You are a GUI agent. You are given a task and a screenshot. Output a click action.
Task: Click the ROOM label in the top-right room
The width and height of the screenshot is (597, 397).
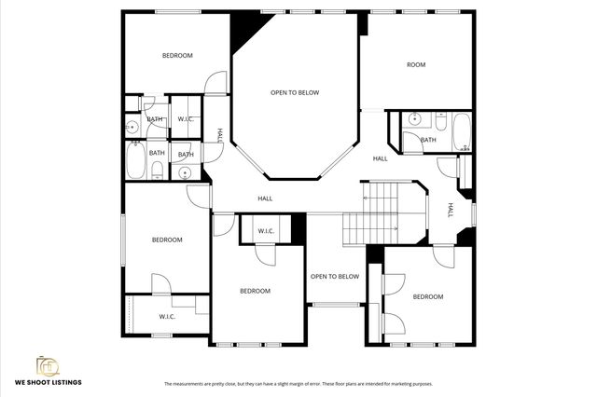pyautogui.click(x=416, y=64)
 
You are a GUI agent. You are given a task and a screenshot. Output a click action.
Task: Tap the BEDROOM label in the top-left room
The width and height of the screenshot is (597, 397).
pyautogui.click(x=177, y=56)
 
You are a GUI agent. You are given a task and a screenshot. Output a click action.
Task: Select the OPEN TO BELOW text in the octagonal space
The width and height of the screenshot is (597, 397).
pyautogui.click(x=295, y=92)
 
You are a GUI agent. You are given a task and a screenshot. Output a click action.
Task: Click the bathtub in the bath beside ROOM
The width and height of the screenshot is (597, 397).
pyautogui.click(x=462, y=132)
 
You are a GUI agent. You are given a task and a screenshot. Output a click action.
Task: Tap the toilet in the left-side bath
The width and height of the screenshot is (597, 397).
pyautogui.click(x=158, y=170)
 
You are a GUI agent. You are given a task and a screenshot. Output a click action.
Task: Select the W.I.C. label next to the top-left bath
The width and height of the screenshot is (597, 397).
pyautogui.click(x=185, y=118)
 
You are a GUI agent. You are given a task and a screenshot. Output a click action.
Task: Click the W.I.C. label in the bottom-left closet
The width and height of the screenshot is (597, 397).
pyautogui.click(x=167, y=317)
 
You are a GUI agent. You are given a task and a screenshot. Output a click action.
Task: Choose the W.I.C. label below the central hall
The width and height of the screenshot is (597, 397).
pyautogui.click(x=265, y=231)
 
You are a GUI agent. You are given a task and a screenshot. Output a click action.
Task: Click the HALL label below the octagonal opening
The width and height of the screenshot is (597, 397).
pyautogui.click(x=266, y=198)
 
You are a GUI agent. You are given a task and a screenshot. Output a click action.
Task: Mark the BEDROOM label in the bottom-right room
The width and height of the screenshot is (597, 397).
pyautogui.click(x=428, y=296)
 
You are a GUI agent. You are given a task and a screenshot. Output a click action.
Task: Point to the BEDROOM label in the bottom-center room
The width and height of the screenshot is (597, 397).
pyautogui.click(x=255, y=291)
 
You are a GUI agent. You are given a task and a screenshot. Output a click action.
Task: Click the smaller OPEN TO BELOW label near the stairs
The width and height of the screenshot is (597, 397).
pyautogui.click(x=335, y=277)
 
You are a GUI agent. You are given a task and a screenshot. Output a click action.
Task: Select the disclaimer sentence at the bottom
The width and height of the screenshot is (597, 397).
pyautogui.click(x=298, y=384)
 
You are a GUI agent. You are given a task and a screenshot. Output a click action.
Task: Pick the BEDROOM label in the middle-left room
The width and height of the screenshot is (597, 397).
pyautogui.click(x=167, y=240)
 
